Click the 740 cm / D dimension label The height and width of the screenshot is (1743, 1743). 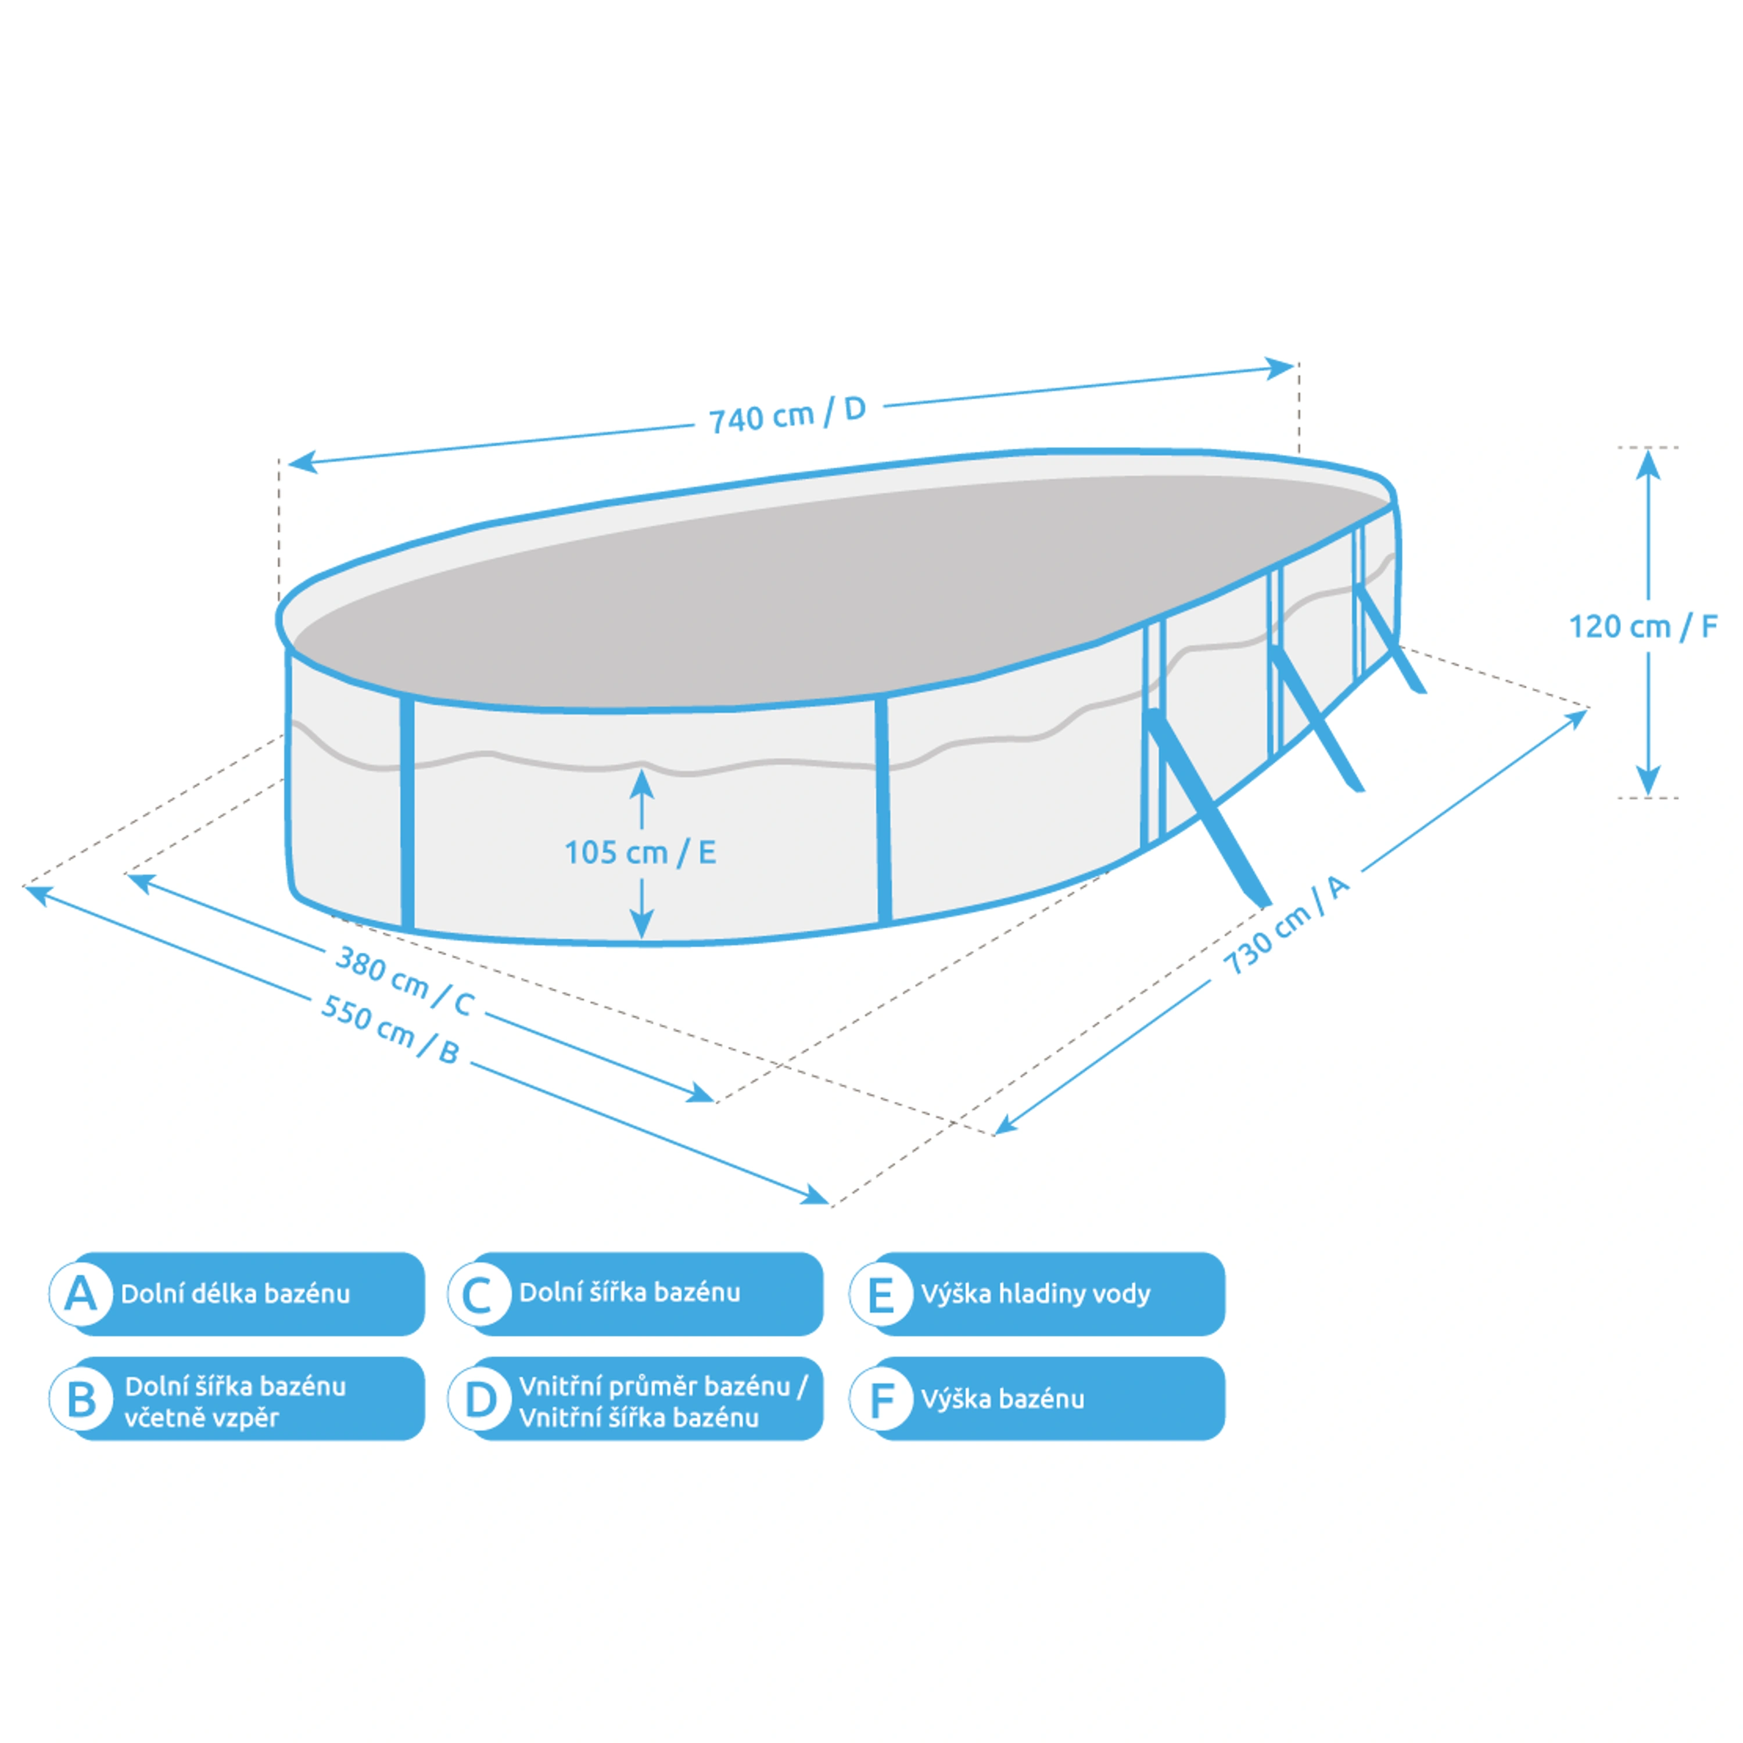pos(787,415)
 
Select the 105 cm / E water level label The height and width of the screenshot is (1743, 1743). pos(640,852)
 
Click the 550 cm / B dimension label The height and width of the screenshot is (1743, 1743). pos(390,1028)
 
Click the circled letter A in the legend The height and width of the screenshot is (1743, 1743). pos(80,1294)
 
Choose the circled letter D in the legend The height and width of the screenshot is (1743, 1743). pos(479,1399)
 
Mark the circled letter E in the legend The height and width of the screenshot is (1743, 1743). pos(881,1294)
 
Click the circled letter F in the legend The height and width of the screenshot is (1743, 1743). pos(881,1399)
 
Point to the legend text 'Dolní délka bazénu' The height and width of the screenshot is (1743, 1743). pos(235,1294)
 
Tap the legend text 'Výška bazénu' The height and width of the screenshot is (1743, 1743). pos(1002,1399)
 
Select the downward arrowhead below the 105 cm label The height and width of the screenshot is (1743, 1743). pos(641,926)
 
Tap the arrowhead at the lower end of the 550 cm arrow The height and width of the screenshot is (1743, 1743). pos(816,1197)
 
